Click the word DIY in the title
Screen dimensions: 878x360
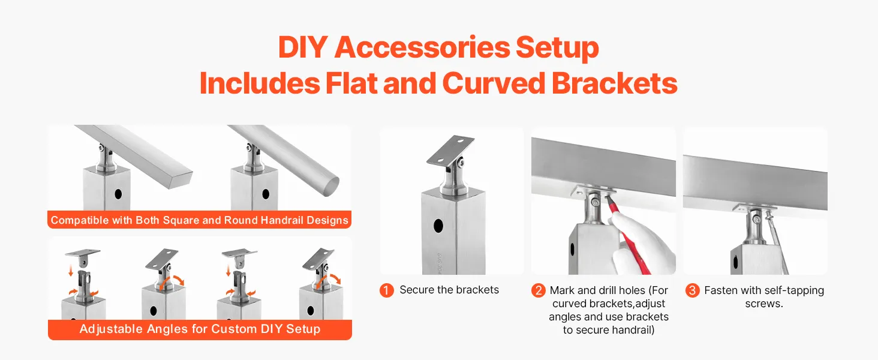303,47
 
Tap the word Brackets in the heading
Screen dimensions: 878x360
614,83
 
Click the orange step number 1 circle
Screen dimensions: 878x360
386,290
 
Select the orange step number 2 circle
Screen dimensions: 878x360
538,290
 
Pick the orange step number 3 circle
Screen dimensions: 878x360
692,290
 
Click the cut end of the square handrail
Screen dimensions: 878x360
181,178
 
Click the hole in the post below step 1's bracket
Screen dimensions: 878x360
438,226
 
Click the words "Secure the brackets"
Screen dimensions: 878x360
449,290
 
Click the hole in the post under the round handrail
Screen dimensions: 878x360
266,194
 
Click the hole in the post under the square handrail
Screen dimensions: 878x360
118,194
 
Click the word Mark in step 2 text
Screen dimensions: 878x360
562,290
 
